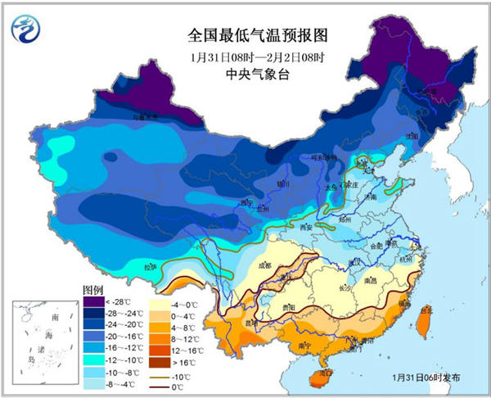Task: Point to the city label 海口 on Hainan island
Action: pos(326,373)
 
